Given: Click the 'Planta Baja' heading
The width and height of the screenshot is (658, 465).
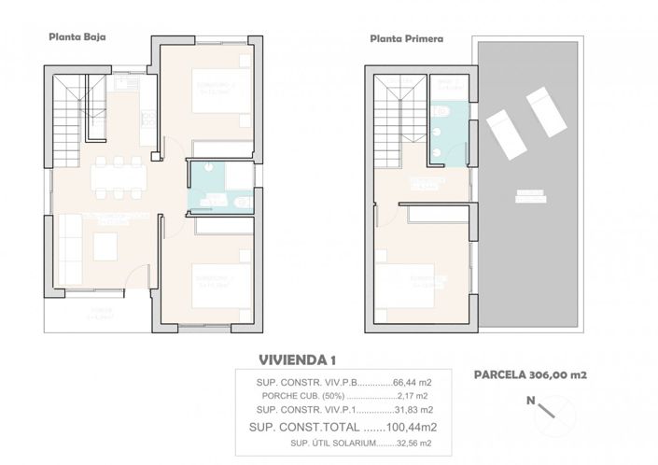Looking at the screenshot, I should point(77,37).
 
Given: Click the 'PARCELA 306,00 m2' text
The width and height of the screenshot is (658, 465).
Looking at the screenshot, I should point(528,375).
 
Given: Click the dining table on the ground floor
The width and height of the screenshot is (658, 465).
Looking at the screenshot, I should point(118,177).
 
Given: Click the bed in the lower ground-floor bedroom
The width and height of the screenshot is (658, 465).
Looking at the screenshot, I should point(222,286).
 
